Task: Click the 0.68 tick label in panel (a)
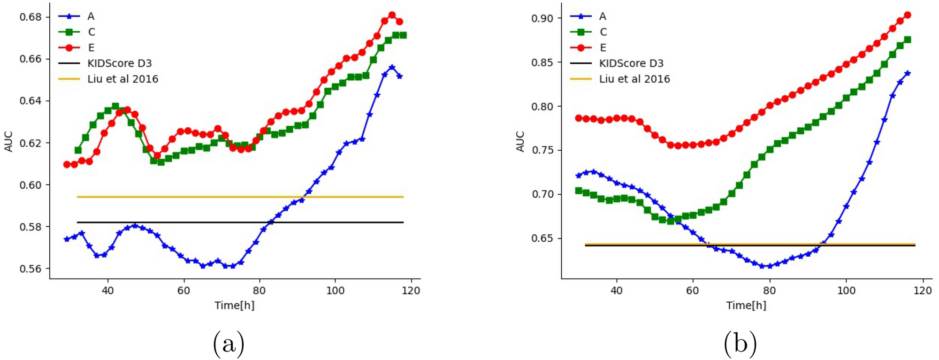(x=31, y=17)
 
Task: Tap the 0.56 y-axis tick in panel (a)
(x=31, y=269)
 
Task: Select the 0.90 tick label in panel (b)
(x=542, y=18)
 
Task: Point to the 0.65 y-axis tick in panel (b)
(x=542, y=238)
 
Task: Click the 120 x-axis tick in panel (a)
(x=411, y=291)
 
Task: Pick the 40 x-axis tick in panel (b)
(x=616, y=291)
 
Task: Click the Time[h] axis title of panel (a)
(x=234, y=306)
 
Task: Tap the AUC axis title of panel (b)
(x=520, y=141)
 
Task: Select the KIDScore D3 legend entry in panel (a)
(x=119, y=63)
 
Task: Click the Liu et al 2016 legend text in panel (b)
(x=634, y=79)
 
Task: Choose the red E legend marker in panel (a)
(x=69, y=47)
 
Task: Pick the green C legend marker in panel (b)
(x=581, y=32)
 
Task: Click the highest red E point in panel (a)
(x=392, y=15)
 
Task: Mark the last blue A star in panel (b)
(x=907, y=73)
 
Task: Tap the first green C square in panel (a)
(x=78, y=150)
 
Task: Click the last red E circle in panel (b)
(x=907, y=15)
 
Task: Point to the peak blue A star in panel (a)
(x=392, y=67)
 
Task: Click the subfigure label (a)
(x=229, y=344)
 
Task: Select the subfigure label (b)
(x=740, y=344)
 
